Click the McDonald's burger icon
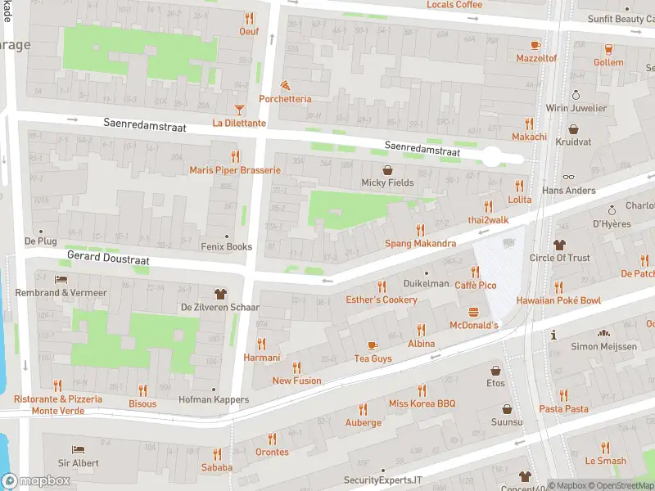click(473, 312)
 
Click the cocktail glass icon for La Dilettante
click(239, 109)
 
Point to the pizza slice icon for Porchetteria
click(285, 85)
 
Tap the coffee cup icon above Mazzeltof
click(536, 45)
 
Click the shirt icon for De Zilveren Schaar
click(219, 294)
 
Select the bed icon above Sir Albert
click(78, 449)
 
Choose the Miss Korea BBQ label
click(422, 404)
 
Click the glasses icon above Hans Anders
click(569, 177)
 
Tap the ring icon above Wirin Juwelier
click(576, 95)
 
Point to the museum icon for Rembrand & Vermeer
click(61, 279)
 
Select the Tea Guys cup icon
click(373, 345)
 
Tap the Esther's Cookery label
click(382, 300)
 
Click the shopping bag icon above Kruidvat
click(573, 129)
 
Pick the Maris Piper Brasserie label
click(235, 170)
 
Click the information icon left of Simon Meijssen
click(554, 334)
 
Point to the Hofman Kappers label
click(214, 400)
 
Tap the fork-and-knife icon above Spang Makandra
click(421, 230)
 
